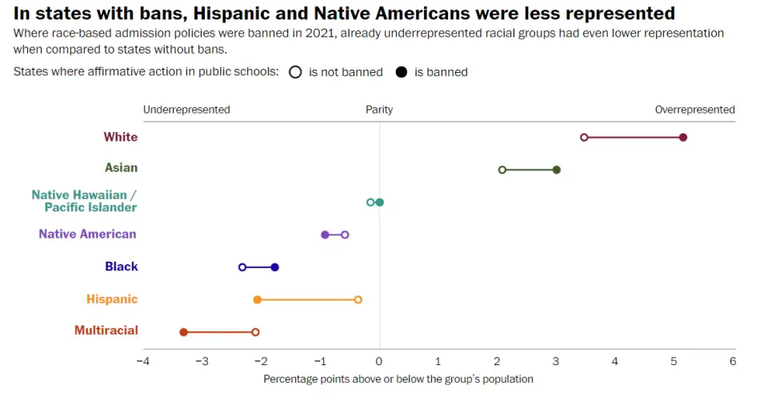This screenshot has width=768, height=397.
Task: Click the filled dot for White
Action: [x=683, y=138]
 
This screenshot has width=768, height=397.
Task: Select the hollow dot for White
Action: [x=584, y=138]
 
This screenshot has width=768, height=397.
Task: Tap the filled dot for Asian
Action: [x=557, y=170]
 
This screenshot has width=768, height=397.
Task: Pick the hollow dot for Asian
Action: [x=502, y=170]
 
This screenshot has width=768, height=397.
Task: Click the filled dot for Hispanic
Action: [x=258, y=299]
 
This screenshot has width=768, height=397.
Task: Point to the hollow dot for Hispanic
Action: [x=358, y=299]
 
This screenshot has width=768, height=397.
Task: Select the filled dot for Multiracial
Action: [x=183, y=331]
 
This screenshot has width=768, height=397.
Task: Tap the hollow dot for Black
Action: [x=242, y=267]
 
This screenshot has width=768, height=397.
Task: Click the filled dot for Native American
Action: [x=325, y=235]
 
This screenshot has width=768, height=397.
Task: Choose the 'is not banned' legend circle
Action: [x=295, y=72]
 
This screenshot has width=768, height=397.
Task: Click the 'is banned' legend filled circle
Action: [x=401, y=72]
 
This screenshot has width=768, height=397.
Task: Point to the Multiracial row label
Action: [x=106, y=331]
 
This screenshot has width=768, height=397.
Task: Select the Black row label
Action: [x=122, y=267]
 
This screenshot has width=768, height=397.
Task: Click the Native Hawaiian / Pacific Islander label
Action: [x=85, y=201]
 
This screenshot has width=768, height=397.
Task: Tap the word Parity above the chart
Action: [x=379, y=110]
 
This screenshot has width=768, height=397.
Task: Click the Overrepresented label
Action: [x=694, y=110]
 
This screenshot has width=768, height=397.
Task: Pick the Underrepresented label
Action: [x=186, y=110]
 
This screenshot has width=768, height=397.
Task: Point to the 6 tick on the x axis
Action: [x=733, y=361]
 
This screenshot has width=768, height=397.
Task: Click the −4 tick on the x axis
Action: [x=143, y=361]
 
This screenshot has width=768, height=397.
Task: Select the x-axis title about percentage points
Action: [x=398, y=379]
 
